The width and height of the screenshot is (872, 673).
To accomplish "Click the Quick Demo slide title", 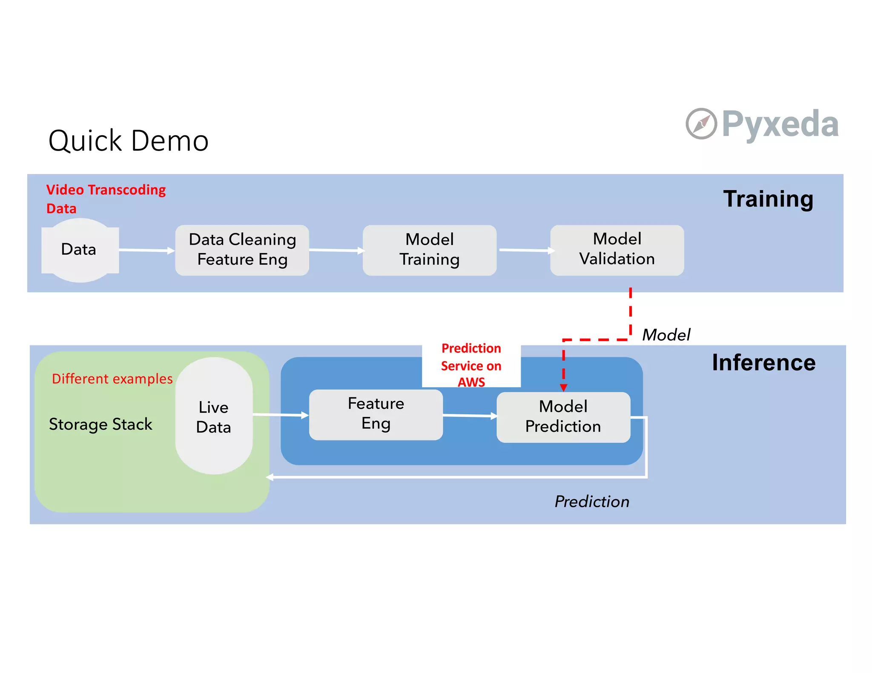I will (128, 141).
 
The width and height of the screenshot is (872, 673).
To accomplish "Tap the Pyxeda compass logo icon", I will (701, 124).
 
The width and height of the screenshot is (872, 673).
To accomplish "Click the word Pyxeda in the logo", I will (780, 124).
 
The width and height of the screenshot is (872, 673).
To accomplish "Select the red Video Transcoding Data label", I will (106, 199).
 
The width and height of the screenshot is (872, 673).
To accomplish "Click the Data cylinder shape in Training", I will (80, 250).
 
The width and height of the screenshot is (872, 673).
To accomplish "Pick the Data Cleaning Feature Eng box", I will (242, 250).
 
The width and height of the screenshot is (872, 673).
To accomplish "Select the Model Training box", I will (429, 250).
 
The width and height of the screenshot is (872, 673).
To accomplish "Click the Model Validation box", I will (617, 250).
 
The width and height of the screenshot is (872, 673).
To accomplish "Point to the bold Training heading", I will (768, 199).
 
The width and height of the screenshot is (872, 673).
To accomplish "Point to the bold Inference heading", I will (763, 362).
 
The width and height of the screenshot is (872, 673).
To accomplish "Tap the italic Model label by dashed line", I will (665, 335).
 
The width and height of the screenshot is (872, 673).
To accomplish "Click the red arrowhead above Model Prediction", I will (563, 388).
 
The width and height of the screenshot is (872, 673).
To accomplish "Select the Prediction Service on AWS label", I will (471, 365).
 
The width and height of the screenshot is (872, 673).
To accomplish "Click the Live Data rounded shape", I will (214, 416).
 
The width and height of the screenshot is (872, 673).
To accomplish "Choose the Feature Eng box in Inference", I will (376, 414).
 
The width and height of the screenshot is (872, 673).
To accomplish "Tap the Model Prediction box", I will (563, 416).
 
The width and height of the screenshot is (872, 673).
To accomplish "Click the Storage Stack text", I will (100, 424).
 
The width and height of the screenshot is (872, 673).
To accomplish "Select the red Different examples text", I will (112, 379).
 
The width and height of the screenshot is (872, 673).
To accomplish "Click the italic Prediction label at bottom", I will (591, 502).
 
